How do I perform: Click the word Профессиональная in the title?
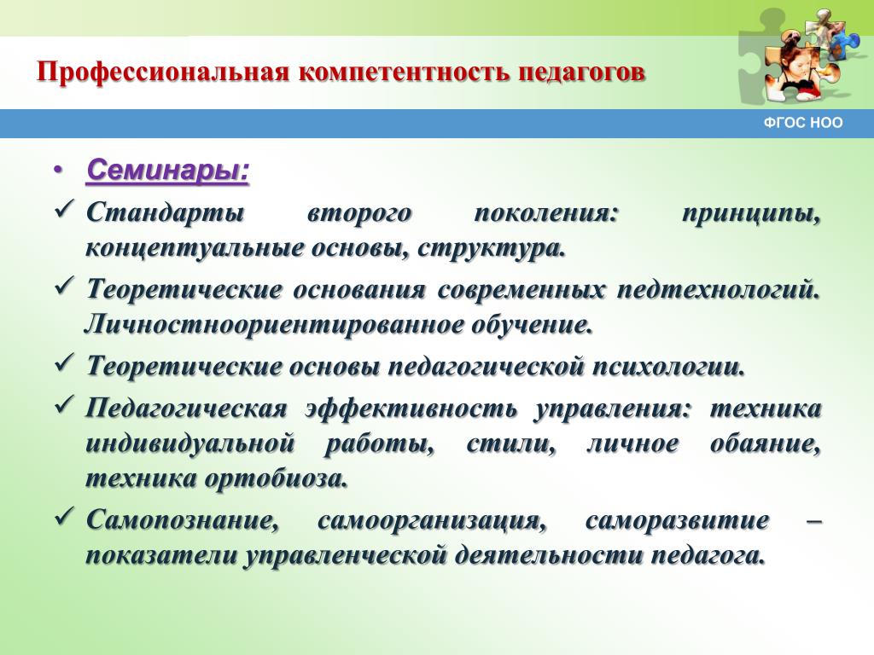(161, 72)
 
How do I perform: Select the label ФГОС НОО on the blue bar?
(802, 123)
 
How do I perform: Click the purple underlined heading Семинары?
(168, 170)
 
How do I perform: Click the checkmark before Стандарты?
(65, 210)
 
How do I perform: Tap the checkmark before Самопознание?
(65, 517)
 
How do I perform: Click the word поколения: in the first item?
(546, 213)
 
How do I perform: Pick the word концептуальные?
(192, 248)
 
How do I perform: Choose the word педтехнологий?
(719, 290)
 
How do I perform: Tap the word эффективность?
(411, 409)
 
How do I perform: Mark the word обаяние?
(766, 443)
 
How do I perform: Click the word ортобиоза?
(276, 478)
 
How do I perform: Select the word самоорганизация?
(432, 521)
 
